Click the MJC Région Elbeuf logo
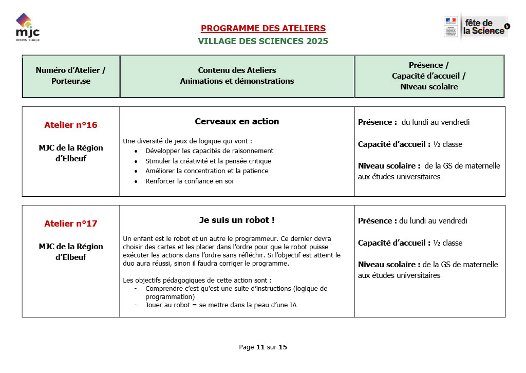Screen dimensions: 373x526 [27, 28]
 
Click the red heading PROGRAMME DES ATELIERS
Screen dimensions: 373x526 [263, 28]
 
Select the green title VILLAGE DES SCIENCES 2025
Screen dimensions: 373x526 [263, 41]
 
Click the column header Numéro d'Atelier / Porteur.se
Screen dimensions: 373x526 [71, 76]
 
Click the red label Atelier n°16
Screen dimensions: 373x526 [71, 125]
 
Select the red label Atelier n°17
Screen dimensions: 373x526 [71, 223]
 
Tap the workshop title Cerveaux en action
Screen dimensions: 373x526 [237, 122]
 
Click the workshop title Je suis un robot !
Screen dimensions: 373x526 [237, 220]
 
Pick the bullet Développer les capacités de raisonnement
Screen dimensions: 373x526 [209, 151]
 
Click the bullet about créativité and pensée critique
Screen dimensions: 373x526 [208, 161]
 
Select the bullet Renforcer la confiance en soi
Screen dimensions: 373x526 [190, 181]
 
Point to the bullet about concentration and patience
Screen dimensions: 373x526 [206, 171]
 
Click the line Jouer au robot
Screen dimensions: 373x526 [221, 305]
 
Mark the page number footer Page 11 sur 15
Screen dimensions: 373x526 [263, 347]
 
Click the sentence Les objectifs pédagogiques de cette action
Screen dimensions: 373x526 [197, 281]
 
